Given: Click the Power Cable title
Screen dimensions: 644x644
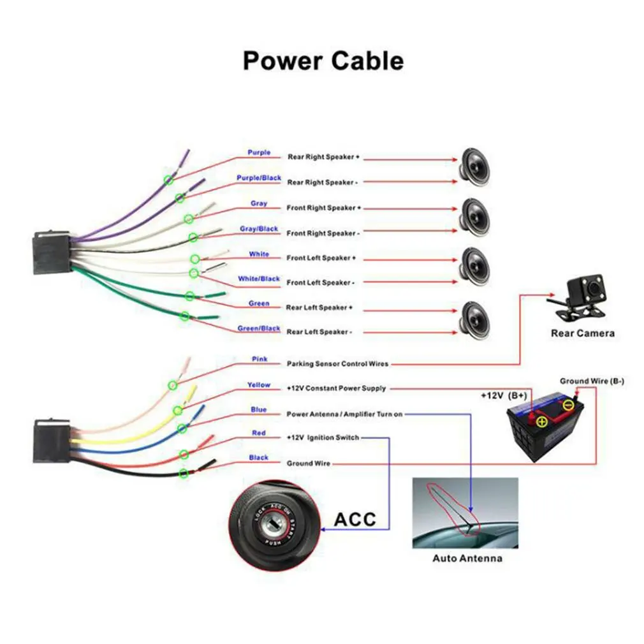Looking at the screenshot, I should point(323,61).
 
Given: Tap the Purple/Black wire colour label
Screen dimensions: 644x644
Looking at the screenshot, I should point(259,178).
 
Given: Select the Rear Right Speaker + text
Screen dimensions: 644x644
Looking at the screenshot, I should point(324,157).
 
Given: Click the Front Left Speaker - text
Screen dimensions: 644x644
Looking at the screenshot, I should point(319,282).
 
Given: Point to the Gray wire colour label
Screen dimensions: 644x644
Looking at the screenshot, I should point(259,203).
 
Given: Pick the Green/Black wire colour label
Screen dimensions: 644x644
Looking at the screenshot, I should point(259,328).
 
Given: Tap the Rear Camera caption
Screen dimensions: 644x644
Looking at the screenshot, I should point(583,333).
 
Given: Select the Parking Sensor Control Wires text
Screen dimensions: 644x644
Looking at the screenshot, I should point(337,364).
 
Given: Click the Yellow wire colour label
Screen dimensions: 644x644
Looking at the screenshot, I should point(259,385).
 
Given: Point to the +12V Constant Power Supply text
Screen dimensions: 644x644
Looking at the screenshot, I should point(336,388).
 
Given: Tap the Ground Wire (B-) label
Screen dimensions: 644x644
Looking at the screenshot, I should point(592,381).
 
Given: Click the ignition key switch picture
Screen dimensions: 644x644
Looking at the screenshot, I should point(277,522).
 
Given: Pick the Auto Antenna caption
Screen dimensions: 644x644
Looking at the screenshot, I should point(467,559).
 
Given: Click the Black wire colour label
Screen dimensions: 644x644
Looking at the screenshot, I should point(259,457).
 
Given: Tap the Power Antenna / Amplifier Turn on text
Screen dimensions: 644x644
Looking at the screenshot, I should point(344,414).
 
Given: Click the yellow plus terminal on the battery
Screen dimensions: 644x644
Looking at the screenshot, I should point(541,421).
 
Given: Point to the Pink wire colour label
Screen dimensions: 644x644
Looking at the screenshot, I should point(260,359).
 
